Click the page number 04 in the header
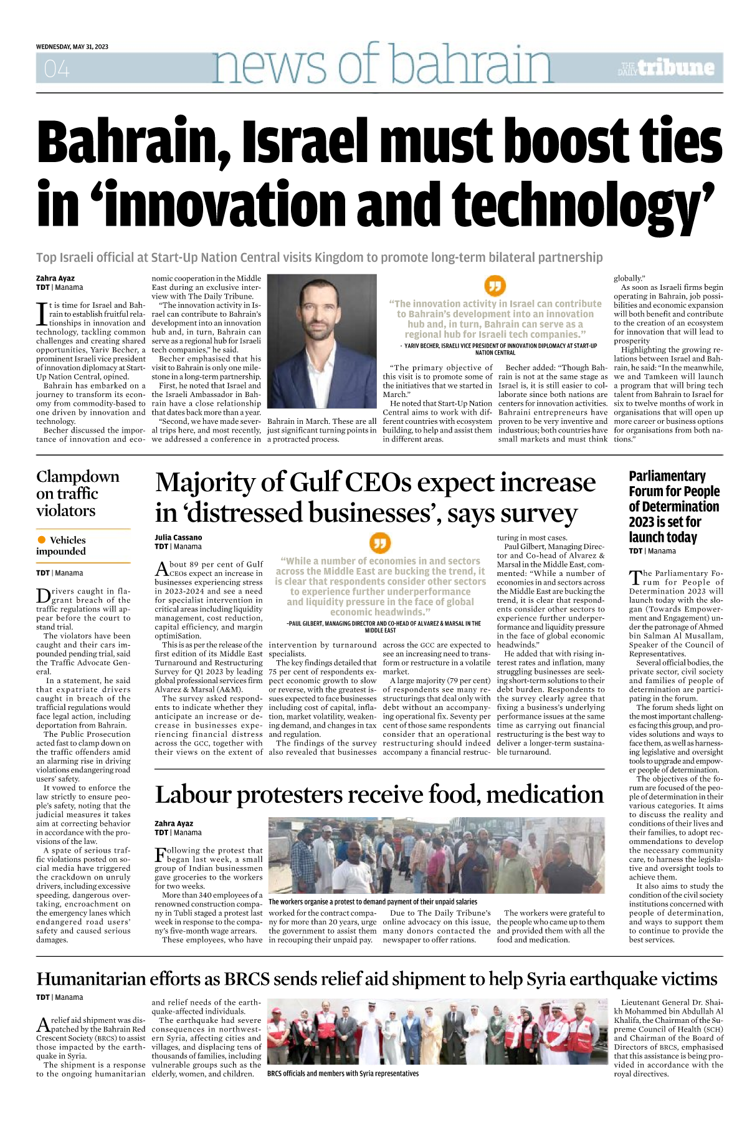coord(57,69)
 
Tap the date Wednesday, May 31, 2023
coord(72,47)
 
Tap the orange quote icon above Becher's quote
coord(495,285)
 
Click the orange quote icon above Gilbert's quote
coord(380,543)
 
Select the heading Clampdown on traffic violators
coord(77,493)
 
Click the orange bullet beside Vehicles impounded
coord(42,540)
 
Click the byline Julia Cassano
coord(178,537)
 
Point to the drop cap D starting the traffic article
coord(42,595)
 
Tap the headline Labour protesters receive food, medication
coord(379,795)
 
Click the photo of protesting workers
coord(436,855)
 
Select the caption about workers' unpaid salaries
coord(373,901)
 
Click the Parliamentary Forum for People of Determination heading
coord(673,506)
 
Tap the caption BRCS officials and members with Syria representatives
coord(343,1073)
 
